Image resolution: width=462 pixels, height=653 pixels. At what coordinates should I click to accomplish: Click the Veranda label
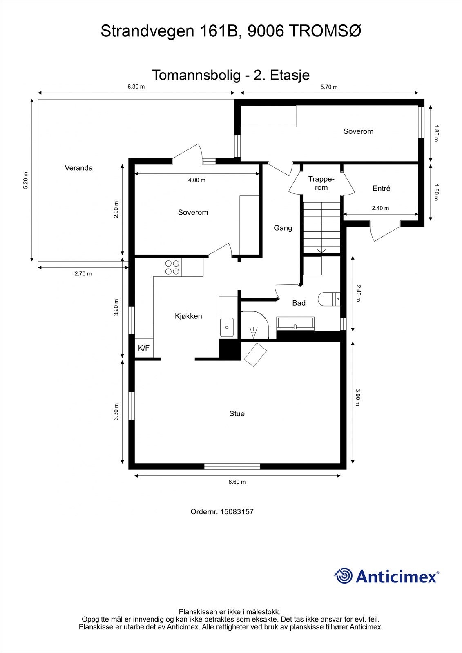pos(78,168)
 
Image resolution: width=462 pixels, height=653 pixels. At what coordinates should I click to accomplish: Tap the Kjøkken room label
pos(188,316)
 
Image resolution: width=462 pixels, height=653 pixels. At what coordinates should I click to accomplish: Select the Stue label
pos(237,413)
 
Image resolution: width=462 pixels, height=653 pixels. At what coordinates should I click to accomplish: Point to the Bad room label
pos(299,303)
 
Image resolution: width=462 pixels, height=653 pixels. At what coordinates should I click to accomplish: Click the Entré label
pos(381,188)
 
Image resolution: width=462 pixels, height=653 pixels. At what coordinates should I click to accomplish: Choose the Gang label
pos(283,228)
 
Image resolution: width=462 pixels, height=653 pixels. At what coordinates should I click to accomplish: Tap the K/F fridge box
pos(144,348)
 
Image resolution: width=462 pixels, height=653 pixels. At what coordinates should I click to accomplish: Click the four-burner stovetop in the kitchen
pos(172,267)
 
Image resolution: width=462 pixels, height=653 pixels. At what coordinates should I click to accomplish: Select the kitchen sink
pos(227,327)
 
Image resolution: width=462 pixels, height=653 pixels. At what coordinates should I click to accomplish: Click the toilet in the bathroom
pos(329,299)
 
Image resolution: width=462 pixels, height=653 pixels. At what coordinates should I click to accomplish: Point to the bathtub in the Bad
pos(295,324)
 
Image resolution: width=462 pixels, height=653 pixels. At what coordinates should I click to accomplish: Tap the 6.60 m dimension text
pos(237,482)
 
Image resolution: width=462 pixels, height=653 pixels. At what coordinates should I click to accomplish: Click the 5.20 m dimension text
pos(26,180)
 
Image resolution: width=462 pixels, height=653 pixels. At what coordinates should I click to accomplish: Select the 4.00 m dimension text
pos(197,180)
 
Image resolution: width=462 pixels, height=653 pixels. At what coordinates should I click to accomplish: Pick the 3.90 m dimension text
pos(358,397)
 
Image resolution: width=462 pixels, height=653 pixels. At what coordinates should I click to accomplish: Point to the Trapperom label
pos(321,183)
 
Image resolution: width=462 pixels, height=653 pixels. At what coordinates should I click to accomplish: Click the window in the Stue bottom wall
pos(232,466)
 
